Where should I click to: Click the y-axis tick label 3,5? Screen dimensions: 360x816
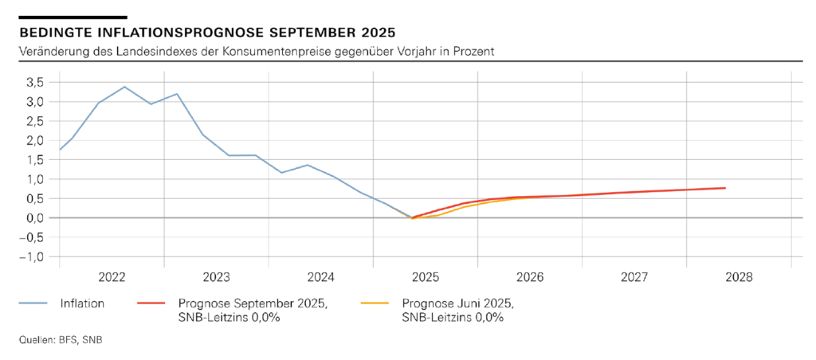coord(34,82)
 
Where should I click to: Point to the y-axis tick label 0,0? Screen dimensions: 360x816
coord(34,217)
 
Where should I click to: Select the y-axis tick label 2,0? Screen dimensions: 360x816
coord(34,140)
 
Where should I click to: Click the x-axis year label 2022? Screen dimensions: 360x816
coord(112,277)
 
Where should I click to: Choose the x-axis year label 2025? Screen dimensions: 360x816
coord(426,277)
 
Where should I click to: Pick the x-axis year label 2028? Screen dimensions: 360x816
coord(739,277)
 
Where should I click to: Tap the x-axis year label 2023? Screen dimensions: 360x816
coord(217,277)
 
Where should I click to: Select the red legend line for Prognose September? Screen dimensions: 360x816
coord(152,303)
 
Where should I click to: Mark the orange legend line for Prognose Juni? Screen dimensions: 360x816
coord(376,303)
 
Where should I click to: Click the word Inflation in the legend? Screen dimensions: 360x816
coord(82,303)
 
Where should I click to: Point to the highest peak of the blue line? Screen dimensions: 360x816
coord(124,86)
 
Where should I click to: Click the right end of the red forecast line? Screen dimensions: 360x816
coord(724,188)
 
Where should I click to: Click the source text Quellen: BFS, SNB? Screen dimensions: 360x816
coord(60,340)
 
